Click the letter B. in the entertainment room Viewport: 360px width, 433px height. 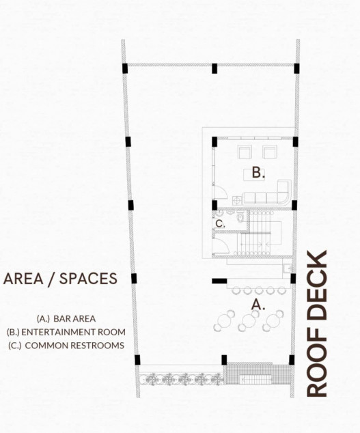click(x=258, y=173)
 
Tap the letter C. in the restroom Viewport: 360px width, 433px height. click(x=219, y=223)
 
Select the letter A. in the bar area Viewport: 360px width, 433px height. click(x=258, y=305)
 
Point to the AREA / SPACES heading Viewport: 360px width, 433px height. click(x=60, y=279)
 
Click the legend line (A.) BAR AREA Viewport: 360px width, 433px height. click(x=66, y=318)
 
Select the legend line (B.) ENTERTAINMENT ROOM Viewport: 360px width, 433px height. click(x=66, y=332)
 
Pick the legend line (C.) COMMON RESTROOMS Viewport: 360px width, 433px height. click(x=66, y=346)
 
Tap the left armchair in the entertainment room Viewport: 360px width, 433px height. click(x=244, y=152)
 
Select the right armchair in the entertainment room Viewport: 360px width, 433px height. click(x=270, y=152)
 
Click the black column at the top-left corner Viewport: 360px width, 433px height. click(x=125, y=68)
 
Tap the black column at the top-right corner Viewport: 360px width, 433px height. click(x=296, y=68)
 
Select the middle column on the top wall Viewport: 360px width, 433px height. click(x=214, y=68)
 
